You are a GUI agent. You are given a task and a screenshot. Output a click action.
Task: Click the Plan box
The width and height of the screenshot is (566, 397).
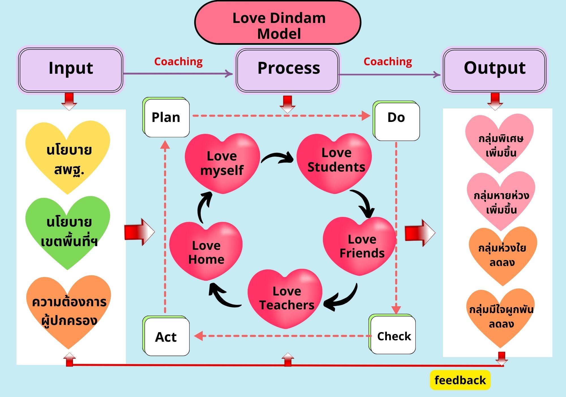tap(166, 118)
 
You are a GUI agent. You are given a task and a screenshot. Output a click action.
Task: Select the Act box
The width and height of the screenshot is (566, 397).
tap(166, 337)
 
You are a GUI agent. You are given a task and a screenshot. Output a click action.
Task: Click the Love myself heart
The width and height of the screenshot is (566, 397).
tap(222, 163)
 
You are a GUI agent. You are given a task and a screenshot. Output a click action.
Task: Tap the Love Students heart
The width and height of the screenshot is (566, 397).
tap(335, 162)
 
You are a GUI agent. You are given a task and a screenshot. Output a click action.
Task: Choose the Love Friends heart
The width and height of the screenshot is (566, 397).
tap(360, 245)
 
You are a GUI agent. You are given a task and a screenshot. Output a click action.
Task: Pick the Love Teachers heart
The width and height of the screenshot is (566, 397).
tap(286, 298)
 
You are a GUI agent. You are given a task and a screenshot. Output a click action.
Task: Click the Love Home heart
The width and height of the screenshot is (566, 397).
tap(206, 251)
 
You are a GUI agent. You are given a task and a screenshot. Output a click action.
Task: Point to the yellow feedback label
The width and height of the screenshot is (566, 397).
tap(460, 380)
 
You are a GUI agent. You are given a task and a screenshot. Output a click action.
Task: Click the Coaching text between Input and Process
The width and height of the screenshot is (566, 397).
tap(178, 62)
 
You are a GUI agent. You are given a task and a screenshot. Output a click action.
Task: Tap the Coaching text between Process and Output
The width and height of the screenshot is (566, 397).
tap(388, 62)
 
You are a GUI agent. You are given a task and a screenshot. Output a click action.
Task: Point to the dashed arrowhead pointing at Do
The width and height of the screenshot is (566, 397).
tap(366, 116)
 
